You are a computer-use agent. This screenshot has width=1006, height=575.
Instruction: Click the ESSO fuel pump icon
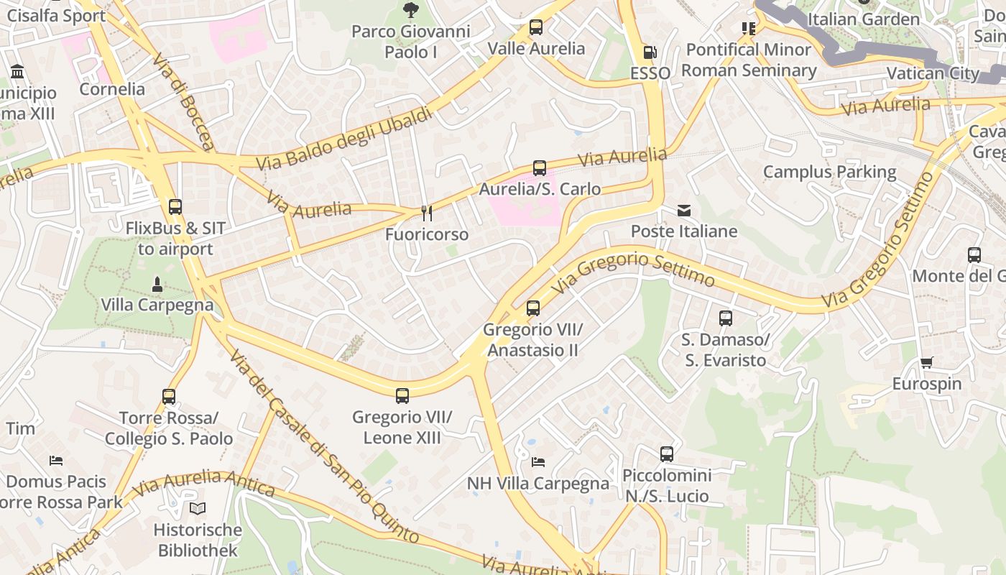[x=649, y=52]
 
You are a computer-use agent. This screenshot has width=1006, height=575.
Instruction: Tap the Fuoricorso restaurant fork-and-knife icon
[x=426, y=213]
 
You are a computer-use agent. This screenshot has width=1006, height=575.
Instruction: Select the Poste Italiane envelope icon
[x=684, y=211]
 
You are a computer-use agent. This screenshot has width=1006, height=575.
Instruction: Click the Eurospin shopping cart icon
[x=926, y=363]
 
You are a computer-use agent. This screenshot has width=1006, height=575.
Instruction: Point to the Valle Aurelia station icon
[x=536, y=27]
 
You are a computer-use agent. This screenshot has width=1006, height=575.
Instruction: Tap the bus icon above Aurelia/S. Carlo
[x=540, y=168]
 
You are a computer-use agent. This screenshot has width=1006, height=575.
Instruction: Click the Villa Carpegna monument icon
[x=157, y=285]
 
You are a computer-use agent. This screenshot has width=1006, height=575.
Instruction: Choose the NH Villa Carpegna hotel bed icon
[x=538, y=461]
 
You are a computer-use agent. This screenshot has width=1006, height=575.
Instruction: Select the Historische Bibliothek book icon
[x=198, y=508]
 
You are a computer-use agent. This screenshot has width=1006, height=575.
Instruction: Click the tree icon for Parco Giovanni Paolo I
[x=410, y=10]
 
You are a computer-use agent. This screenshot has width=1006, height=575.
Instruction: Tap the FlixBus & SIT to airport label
[x=175, y=239]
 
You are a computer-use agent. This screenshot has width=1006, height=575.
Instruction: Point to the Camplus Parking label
[x=829, y=172]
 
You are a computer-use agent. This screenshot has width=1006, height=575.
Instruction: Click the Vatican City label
[x=932, y=73]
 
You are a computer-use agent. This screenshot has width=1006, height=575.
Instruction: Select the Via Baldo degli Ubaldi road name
[x=345, y=139]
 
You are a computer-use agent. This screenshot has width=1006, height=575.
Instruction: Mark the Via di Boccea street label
[x=184, y=101]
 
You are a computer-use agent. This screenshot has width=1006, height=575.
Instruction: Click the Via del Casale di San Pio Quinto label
[x=323, y=446]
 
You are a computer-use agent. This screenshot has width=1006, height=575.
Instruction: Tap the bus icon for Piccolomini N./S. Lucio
[x=667, y=454]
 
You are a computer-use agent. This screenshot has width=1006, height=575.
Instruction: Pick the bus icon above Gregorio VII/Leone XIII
[x=402, y=395]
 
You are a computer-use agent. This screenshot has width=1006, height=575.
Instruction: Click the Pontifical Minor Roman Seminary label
[x=749, y=60]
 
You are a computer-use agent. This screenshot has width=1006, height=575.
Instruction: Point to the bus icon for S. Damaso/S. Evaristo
[x=726, y=318]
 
